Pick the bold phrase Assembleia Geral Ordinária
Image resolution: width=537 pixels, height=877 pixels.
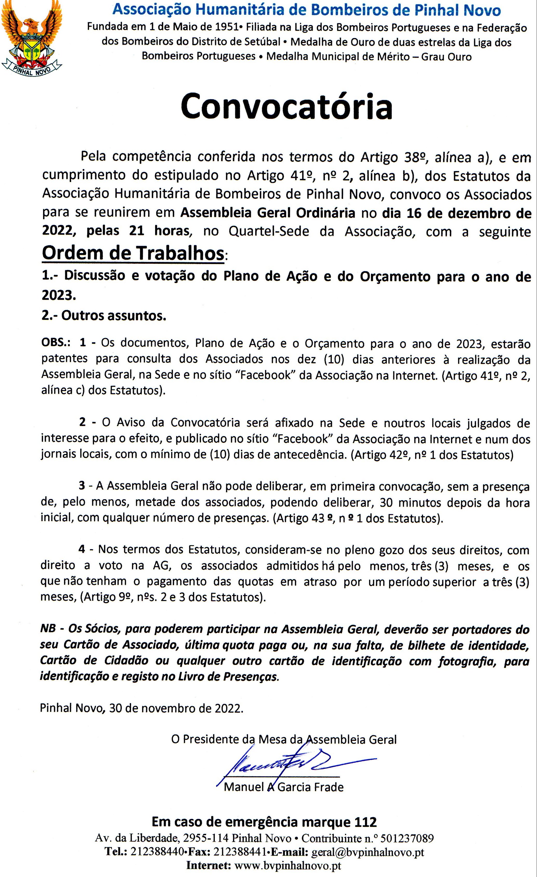click(x=268, y=213)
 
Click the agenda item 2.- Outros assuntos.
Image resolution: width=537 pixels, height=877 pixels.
click(x=104, y=315)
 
